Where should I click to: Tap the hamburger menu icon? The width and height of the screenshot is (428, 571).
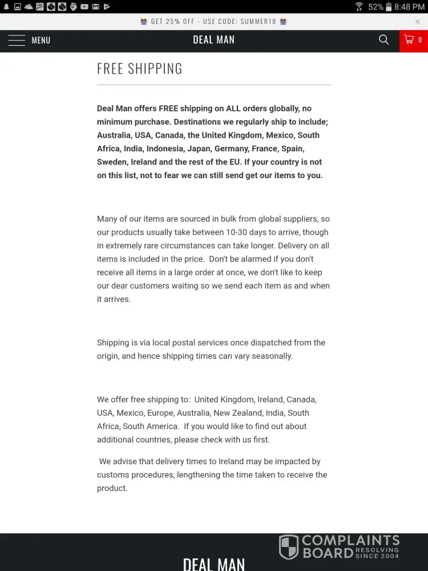(17, 40)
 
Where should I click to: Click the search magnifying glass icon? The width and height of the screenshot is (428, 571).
(384, 39)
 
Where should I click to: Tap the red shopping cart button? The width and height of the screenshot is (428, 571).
(413, 40)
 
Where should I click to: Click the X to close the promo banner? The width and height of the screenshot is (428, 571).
(418, 22)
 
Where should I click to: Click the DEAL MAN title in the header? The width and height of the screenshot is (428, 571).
(214, 40)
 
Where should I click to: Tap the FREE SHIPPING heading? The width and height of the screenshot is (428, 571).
(140, 69)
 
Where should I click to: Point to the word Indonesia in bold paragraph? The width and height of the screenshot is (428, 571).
(166, 148)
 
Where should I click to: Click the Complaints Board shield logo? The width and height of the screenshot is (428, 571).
(289, 547)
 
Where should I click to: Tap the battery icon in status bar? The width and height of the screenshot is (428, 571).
(389, 7)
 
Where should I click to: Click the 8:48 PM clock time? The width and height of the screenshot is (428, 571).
(410, 7)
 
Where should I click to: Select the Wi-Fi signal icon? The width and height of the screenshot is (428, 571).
(359, 7)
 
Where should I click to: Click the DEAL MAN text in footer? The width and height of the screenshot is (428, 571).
(214, 564)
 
